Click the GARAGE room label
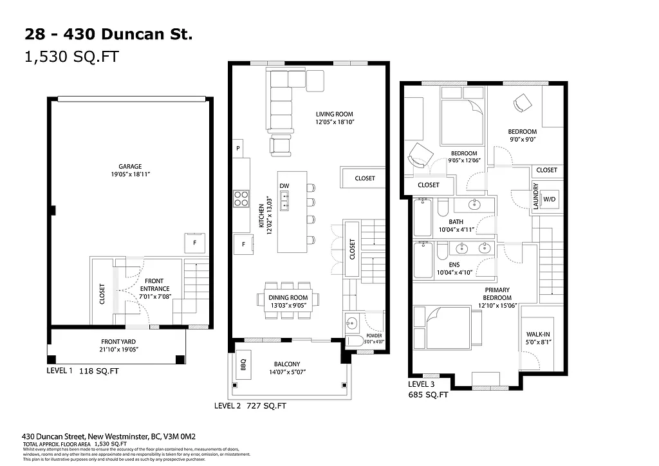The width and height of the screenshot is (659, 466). tap(130, 166)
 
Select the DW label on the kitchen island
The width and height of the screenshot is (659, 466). tap(284, 186)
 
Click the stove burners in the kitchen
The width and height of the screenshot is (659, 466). tap(241, 198)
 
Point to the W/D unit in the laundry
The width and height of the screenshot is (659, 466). tap(550, 200)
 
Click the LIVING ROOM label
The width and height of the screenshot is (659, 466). tap(335, 114)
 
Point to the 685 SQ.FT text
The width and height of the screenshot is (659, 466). tap(428, 395)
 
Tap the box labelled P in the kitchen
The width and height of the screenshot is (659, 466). tap(238, 147)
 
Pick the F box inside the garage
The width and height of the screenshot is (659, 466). tap(194, 243)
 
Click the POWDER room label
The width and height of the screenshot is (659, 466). tap(374, 336)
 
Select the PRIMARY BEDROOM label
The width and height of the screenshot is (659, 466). tap(497, 294)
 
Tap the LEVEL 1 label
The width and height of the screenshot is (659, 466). tap(60, 371)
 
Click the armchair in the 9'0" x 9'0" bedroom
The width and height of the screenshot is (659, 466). tap(522, 102)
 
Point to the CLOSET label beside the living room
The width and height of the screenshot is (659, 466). tap(364, 178)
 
